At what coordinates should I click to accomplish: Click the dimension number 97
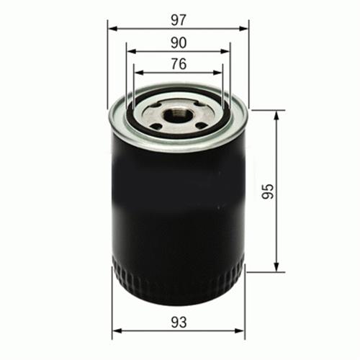click(x=178, y=15)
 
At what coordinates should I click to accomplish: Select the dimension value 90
click(x=178, y=42)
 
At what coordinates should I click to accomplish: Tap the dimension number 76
click(x=178, y=64)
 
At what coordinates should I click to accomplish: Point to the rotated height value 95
click(x=268, y=192)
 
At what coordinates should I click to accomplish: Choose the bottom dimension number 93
click(x=179, y=323)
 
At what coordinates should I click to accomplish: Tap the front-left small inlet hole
click(x=157, y=127)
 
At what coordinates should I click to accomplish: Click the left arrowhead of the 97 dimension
click(x=112, y=29)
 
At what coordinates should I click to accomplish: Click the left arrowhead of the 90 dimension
click(x=130, y=51)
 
